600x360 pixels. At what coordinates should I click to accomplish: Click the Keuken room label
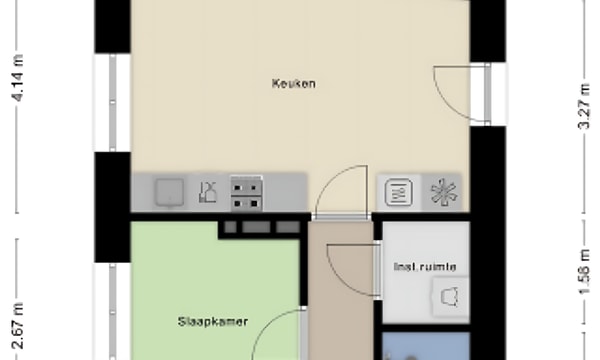coord(293,84)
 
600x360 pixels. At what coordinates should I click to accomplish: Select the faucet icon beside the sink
coord(207,190)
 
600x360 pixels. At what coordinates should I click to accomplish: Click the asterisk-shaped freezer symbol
coord(441,191)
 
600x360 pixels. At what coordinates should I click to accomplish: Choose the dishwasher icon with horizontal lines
coord(397,191)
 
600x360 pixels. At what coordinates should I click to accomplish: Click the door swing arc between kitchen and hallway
coord(338,190)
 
